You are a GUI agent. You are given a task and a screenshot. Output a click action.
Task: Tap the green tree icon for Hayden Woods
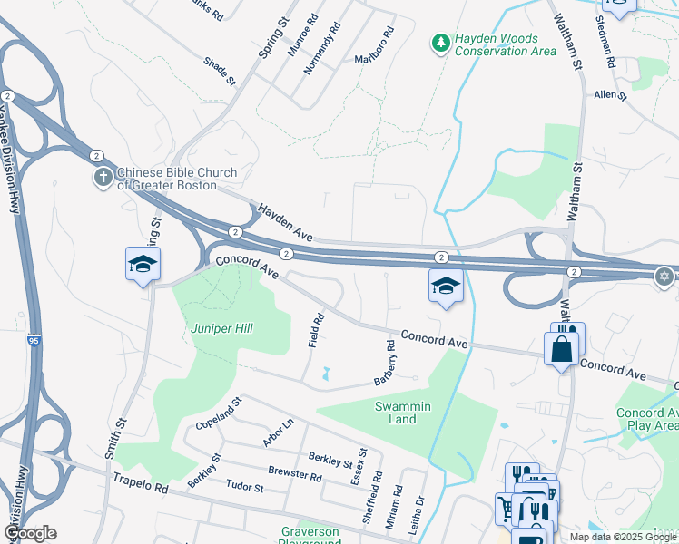[x=440, y=44]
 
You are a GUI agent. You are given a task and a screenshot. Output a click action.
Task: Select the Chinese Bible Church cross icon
[x=103, y=178]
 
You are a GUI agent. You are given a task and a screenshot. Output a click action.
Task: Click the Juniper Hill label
[x=221, y=328]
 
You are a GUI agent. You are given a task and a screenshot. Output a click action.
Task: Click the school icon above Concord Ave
[x=446, y=286]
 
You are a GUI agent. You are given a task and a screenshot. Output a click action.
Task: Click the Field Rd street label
[x=315, y=331]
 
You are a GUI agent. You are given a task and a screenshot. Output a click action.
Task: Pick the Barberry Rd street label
[x=384, y=364]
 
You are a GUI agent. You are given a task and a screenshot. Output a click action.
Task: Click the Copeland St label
[x=219, y=413]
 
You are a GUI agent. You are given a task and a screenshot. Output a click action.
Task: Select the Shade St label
[x=220, y=71]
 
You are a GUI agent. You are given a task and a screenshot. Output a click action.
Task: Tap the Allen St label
[x=610, y=94]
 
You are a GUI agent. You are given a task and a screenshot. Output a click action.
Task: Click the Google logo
[x=30, y=533]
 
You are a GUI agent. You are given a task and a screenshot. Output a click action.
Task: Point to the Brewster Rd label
[x=294, y=473]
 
